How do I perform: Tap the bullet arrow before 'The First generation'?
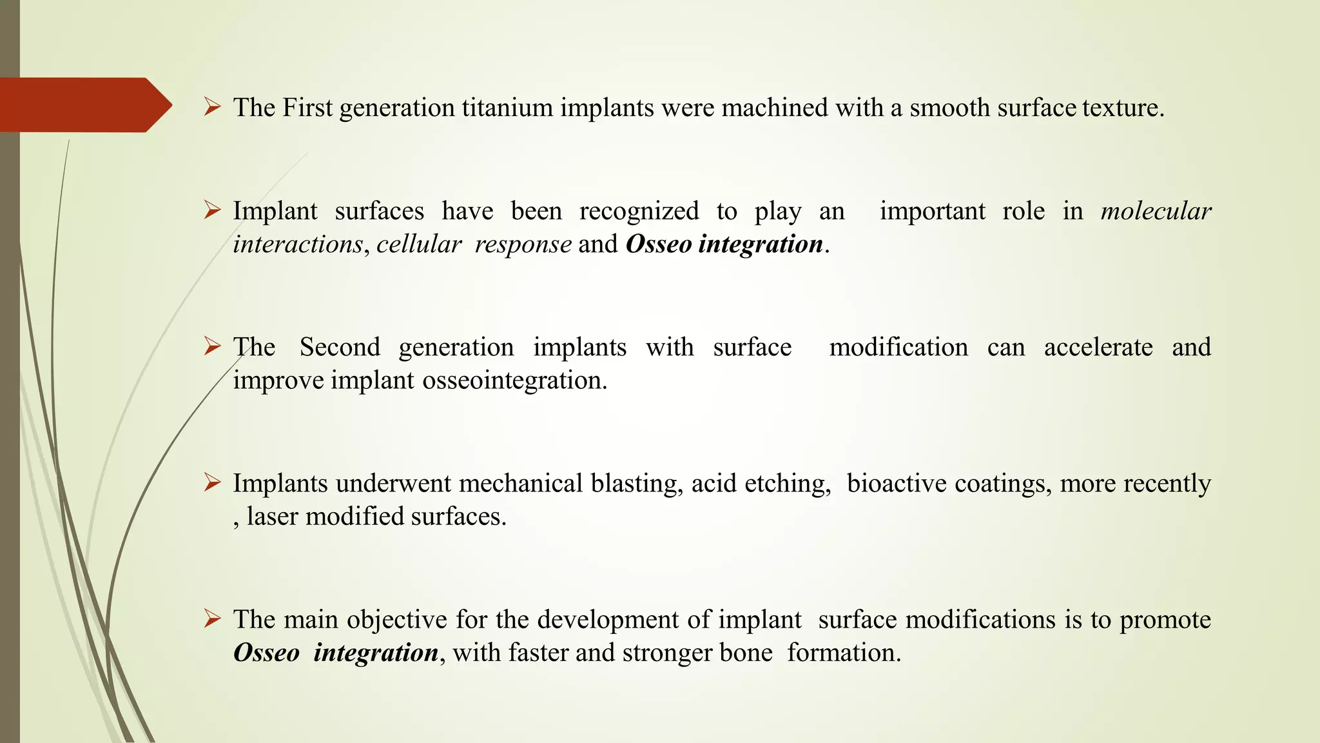[x=212, y=106]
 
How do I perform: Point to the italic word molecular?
[x=1156, y=212]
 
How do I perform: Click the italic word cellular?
[x=419, y=244]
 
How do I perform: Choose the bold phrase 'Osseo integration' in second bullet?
[x=724, y=244]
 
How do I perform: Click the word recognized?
[x=639, y=212]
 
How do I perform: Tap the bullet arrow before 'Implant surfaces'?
[x=212, y=210]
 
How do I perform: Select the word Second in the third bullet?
[x=340, y=348]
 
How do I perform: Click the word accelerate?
[x=1098, y=348]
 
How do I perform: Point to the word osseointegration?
[x=514, y=381]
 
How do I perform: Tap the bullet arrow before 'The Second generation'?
[x=212, y=346]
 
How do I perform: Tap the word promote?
[x=1165, y=620]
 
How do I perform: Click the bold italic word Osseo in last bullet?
[x=266, y=653]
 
